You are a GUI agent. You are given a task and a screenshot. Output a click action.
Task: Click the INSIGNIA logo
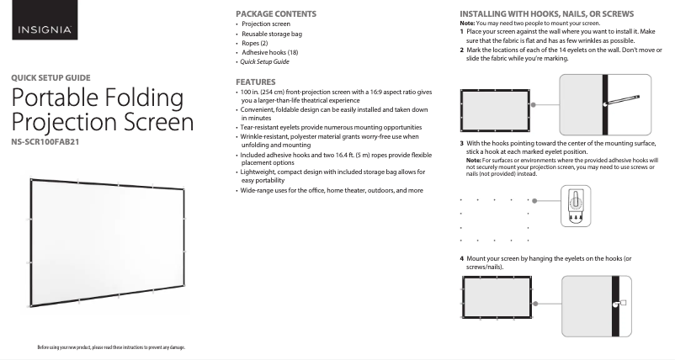point(46,31)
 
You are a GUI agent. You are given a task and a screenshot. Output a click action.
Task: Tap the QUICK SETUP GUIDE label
point(62,77)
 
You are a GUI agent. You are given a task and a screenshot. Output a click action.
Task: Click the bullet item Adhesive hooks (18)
point(269,52)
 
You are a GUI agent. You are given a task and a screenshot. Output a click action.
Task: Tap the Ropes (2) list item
point(256,43)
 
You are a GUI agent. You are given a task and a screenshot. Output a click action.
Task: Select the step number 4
point(462,258)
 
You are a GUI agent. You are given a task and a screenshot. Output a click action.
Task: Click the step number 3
point(462,143)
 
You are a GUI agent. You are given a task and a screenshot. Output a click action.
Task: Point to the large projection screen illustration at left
point(108,239)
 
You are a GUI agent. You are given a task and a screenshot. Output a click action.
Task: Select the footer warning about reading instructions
point(111,347)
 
